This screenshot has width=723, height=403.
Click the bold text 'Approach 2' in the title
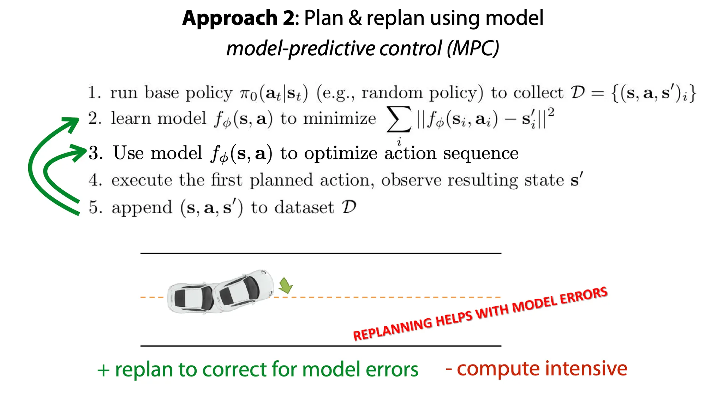click(238, 18)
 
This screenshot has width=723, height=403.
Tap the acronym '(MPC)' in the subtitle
click(473, 48)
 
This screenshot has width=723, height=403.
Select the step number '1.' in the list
click(94, 93)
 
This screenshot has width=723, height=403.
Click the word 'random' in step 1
click(392, 93)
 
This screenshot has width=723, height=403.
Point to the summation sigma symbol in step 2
click(399, 119)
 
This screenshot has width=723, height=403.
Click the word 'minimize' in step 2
click(340, 118)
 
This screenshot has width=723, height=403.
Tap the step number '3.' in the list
click(96, 153)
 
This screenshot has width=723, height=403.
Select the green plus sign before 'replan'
click(103, 371)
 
